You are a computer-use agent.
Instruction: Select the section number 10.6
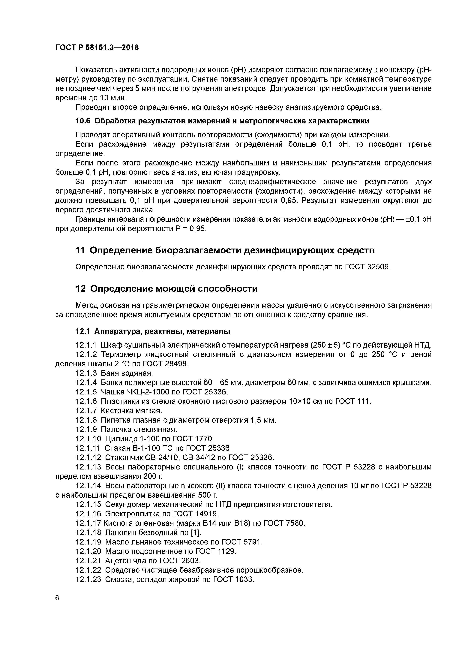[x=82, y=121]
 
